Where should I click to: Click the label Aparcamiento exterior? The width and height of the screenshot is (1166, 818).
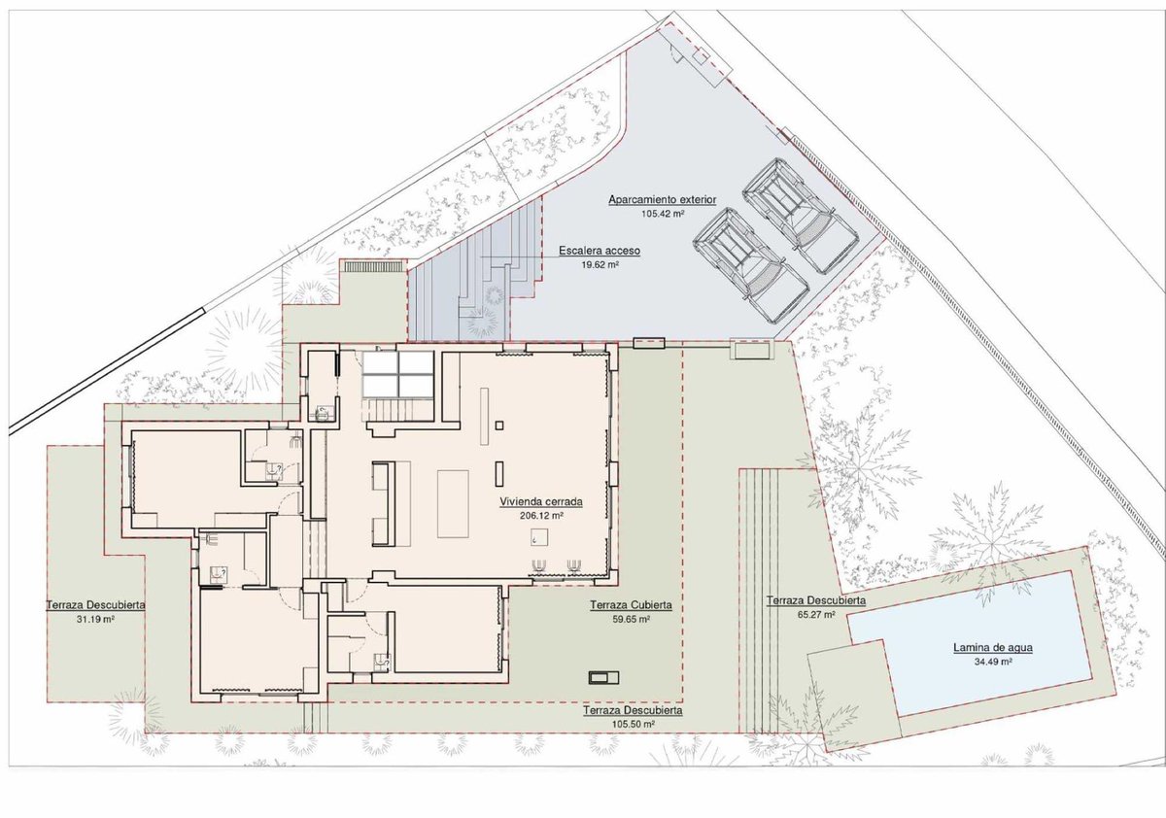coord(662,199)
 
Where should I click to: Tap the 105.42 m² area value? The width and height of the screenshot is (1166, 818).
coord(663,214)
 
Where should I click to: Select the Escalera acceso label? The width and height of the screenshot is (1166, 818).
coord(600,251)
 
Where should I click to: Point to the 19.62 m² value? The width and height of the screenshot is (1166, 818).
coord(600,264)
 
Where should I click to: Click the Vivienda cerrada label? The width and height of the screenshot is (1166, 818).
coord(541,502)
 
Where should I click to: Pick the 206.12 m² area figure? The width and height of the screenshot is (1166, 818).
coord(542,516)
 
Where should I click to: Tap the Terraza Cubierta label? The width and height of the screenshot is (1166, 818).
coord(631,605)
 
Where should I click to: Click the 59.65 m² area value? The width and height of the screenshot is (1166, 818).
coord(631,619)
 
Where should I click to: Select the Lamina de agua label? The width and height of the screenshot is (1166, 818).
coord(993,648)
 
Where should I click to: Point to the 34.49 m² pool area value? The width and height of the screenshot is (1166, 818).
coord(993,662)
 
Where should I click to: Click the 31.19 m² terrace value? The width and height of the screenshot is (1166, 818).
coord(95,619)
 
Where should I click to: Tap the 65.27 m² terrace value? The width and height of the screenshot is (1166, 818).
coord(816,614)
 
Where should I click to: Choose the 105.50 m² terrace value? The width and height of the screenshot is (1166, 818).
coord(633,724)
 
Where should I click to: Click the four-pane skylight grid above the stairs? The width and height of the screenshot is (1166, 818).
coord(398,374)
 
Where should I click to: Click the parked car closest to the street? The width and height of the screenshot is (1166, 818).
coord(801,217)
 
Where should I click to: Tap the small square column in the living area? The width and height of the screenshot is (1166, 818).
coord(499,426)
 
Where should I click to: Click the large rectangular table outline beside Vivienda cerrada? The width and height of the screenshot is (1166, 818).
coord(453,503)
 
